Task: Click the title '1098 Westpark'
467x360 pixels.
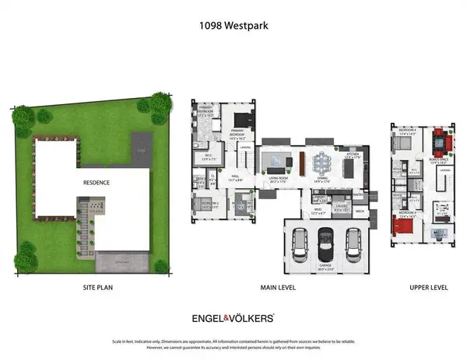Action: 233,24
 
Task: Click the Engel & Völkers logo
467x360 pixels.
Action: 233,317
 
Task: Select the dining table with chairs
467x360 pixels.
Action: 321,164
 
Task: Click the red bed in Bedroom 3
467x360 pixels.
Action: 402,226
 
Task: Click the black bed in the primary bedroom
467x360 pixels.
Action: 239,121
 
